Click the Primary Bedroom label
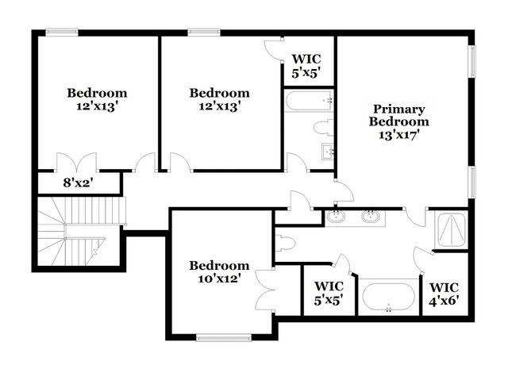[x=400, y=116]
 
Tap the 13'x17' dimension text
[x=400, y=135]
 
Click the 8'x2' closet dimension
[x=78, y=183]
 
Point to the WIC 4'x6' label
[x=444, y=294]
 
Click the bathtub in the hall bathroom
[x=308, y=101]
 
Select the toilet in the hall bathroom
[x=323, y=128]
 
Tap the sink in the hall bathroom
[x=327, y=152]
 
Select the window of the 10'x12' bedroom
[x=223, y=337]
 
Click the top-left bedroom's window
[x=62, y=33]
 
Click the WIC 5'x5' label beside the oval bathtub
[x=329, y=294]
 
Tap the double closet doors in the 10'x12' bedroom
[x=267, y=290]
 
